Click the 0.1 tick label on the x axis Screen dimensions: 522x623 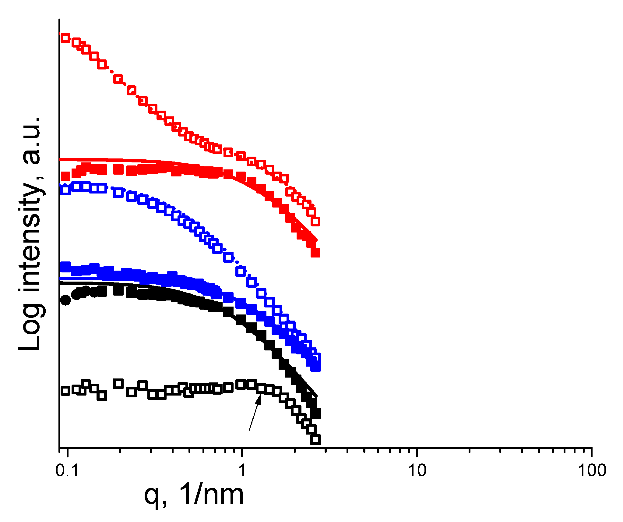click(x=67, y=471)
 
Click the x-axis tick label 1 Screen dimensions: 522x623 click(x=242, y=471)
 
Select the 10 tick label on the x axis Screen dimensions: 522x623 click(x=417, y=471)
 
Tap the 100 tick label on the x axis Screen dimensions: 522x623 click(x=592, y=471)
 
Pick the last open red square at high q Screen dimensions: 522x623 click(x=316, y=221)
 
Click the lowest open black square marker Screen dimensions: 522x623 click(x=315, y=440)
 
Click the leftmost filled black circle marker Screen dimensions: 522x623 click(x=65, y=300)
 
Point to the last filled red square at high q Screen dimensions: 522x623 click(x=315, y=253)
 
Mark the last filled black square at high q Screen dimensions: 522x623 click(x=316, y=414)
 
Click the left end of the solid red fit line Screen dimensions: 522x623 click(x=61, y=159)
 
